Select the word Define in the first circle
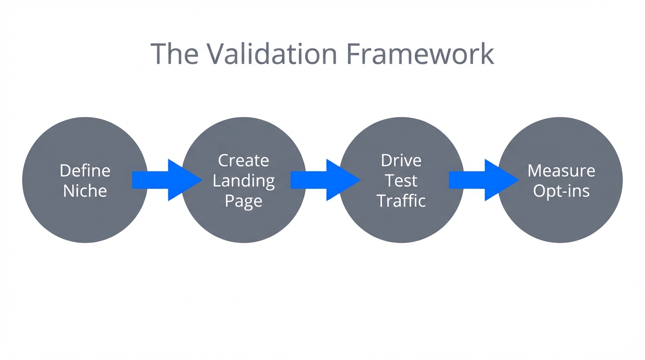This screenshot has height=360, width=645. (85, 170)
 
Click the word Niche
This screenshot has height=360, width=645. (85, 191)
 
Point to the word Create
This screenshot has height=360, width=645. (243, 160)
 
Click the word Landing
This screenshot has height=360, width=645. (243, 180)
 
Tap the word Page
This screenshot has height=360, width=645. (243, 201)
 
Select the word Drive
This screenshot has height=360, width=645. (401, 160)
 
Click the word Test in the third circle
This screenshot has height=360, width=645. (401, 180)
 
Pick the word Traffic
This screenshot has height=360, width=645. (401, 201)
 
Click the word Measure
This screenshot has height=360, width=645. (561, 170)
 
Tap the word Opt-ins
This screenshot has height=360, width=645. (561, 191)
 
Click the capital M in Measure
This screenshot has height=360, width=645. (535, 170)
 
